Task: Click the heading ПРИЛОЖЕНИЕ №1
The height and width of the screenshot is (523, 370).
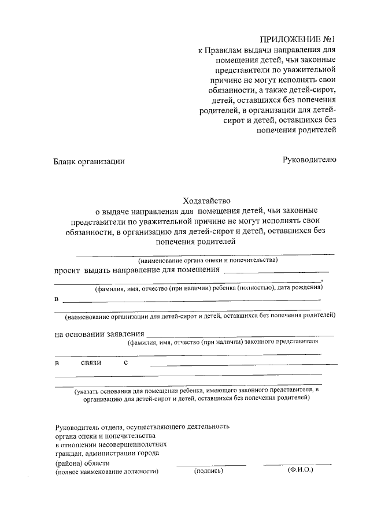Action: [297, 39]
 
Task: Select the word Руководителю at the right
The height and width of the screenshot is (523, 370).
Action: [309, 160]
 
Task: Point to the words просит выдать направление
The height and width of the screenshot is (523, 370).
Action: [137, 269]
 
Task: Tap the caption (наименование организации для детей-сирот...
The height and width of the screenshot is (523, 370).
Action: [199, 316]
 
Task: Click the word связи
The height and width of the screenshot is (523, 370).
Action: [91, 362]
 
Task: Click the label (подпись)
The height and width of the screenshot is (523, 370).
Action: [208, 471]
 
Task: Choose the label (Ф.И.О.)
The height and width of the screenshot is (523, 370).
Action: [300, 470]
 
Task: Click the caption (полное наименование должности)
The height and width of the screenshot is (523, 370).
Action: [107, 472]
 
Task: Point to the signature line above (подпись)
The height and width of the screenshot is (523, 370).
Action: [206, 465]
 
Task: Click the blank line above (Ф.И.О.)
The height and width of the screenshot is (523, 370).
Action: [297, 464]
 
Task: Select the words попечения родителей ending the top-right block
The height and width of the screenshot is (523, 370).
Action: [295, 129]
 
